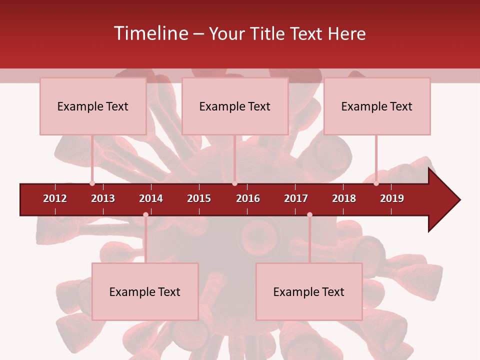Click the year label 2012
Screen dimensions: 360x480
[55, 198]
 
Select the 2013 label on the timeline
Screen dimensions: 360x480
[103, 198]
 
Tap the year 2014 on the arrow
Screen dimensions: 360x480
[151, 198]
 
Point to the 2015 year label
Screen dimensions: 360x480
[199, 198]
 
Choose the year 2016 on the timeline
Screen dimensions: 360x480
[248, 198]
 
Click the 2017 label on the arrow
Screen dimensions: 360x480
[296, 198]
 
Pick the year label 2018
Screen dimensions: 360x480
[344, 198]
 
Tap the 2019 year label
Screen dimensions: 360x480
[392, 198]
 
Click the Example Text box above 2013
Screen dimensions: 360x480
[93, 106]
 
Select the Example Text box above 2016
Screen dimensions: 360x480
[235, 106]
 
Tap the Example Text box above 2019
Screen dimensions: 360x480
[377, 106]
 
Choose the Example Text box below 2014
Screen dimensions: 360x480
[145, 291]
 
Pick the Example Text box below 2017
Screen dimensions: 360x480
[309, 291]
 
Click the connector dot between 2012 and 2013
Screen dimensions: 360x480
[92, 183]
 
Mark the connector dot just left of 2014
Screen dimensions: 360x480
[145, 214]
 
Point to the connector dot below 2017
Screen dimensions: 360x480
[309, 214]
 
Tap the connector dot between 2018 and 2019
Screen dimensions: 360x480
[376, 183]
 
